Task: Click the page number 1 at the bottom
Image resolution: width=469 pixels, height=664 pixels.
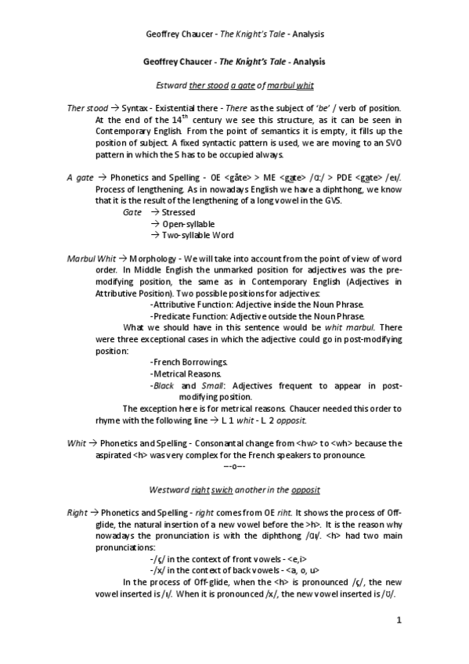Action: click(x=399, y=622)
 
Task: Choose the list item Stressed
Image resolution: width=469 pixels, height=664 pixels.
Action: click(x=178, y=211)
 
